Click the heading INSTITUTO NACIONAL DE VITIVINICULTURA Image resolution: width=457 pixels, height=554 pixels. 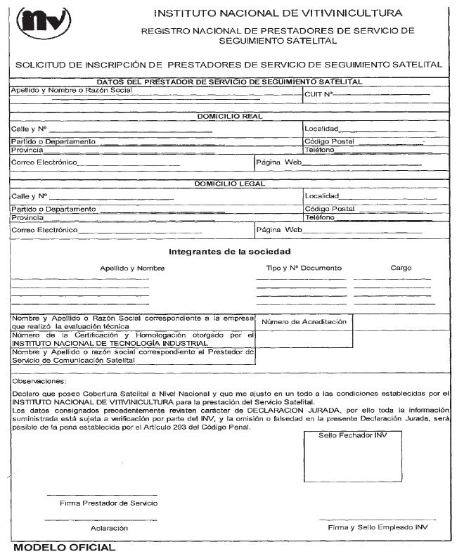click(278, 13)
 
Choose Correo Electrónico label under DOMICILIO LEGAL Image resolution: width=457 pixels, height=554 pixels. click(44, 230)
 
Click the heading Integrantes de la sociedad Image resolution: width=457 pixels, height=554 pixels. click(230, 252)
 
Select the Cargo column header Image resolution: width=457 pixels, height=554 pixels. click(401, 268)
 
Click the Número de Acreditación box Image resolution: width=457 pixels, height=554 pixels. click(304, 322)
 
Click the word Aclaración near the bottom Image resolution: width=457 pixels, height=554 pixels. click(109, 527)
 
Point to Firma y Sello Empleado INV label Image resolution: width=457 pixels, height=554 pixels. click(378, 527)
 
